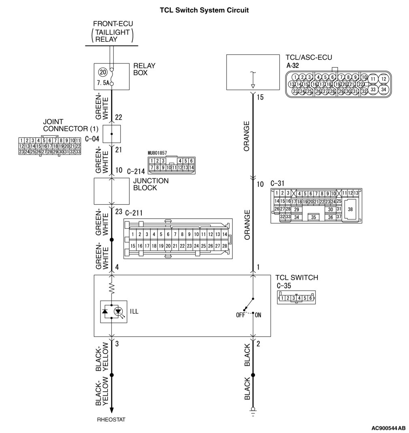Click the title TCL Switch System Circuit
pyautogui.click(x=204, y=10)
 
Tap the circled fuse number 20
pyautogui.click(x=103, y=72)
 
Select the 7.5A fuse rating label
pyautogui.click(x=103, y=82)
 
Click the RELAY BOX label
pyautogui.click(x=144, y=69)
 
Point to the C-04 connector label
pyautogui.click(x=92, y=139)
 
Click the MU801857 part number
pyautogui.click(x=158, y=153)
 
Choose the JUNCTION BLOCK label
pyautogui.click(x=151, y=184)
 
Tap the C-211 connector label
pyautogui.click(x=134, y=213)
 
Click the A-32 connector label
pyautogui.click(x=293, y=65)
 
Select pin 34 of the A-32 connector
pyautogui.click(x=383, y=89)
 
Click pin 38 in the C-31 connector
pyautogui.click(x=350, y=209)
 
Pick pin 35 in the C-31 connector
pyautogui.click(x=313, y=218)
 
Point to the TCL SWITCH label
pyautogui.click(x=297, y=277)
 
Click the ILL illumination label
pyautogui.click(x=134, y=311)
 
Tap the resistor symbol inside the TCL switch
pyautogui.click(x=112, y=288)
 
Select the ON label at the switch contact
pyautogui.click(x=258, y=315)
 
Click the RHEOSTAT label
pyautogui.click(x=111, y=420)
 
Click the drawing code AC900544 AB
pyautogui.click(x=388, y=428)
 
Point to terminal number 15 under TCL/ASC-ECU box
pyautogui.click(x=260, y=97)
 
